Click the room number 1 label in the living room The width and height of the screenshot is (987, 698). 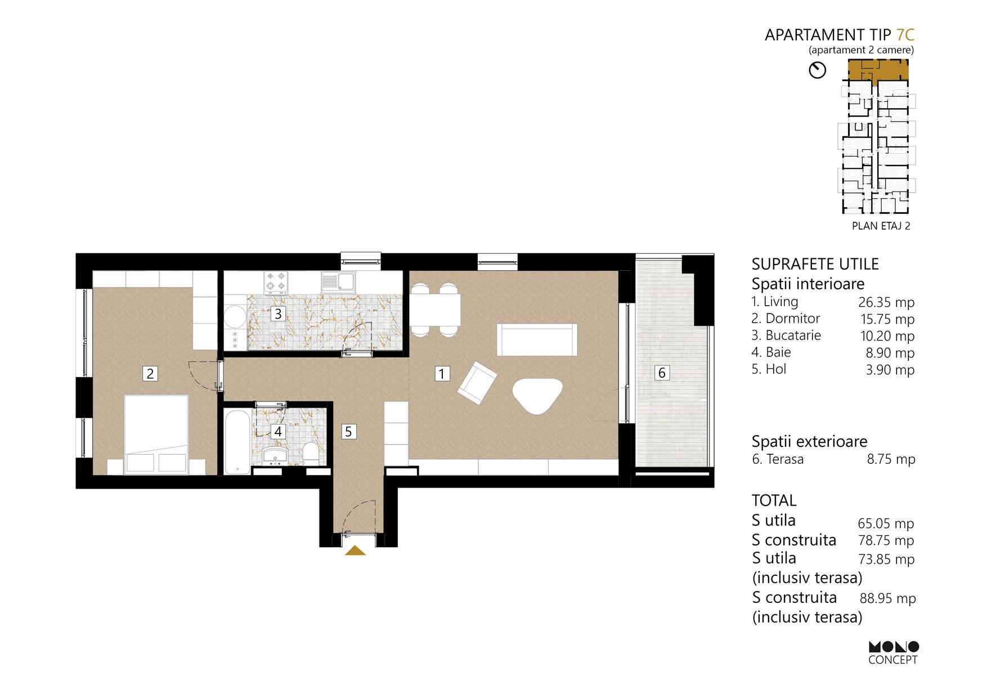(442, 373)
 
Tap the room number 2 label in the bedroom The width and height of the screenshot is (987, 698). (150, 373)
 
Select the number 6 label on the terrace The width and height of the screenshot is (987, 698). (662, 372)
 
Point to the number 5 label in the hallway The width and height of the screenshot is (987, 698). (348, 431)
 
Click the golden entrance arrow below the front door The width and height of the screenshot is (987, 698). (355, 551)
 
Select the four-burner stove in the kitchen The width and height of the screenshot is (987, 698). (276, 282)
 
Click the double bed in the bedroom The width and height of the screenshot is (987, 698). (156, 434)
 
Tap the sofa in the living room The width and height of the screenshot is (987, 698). (537, 339)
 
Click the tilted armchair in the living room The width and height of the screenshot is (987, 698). (477, 383)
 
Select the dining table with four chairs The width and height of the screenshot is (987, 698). (435, 310)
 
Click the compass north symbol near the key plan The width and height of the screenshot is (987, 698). (817, 70)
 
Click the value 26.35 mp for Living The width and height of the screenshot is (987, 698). (886, 302)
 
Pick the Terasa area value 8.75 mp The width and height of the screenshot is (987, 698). (891, 459)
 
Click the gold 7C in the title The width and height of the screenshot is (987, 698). (905, 35)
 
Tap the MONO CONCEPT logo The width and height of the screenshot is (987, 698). (894, 652)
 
